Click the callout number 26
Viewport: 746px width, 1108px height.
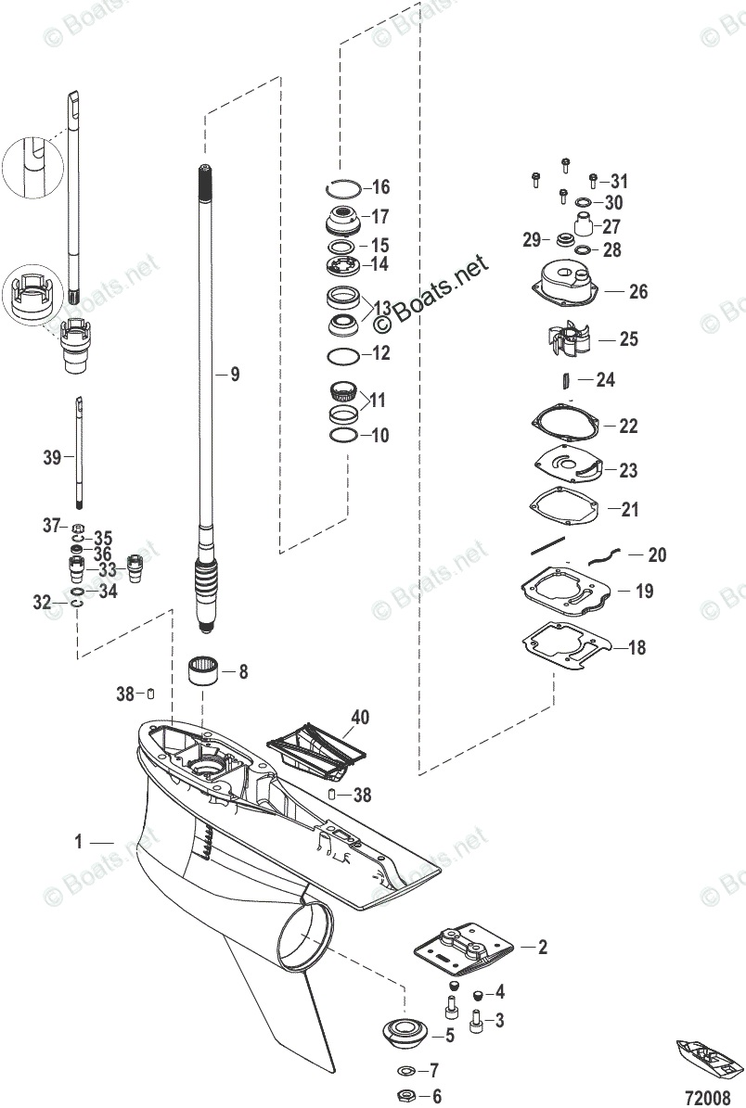click(x=637, y=292)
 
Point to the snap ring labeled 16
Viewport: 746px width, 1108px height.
click(x=345, y=187)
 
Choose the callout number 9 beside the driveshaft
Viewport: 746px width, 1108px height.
click(x=235, y=375)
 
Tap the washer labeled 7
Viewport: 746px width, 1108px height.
click(x=405, y=1069)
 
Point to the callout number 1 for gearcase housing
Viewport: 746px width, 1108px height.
click(x=80, y=842)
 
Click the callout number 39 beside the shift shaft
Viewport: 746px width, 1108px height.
click(x=52, y=457)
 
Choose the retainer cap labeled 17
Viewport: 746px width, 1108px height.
click(x=344, y=223)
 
